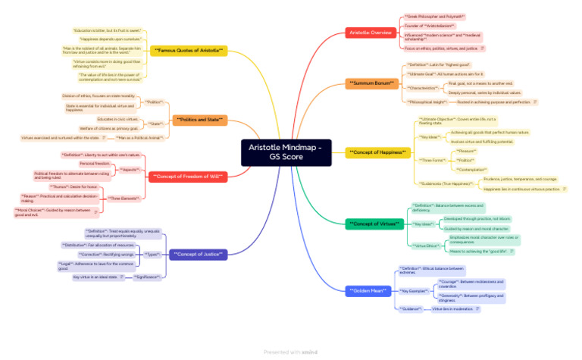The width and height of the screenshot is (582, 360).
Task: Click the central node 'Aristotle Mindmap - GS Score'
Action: pyautogui.click(x=286, y=152)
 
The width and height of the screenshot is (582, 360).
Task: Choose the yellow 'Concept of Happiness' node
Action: pyautogui.click(x=377, y=152)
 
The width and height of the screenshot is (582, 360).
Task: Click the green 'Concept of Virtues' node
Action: pyautogui.click(x=374, y=224)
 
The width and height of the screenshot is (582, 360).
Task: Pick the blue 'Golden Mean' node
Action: pyautogui.click(x=369, y=290)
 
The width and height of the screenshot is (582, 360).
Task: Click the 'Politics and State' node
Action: pyautogui.click(x=199, y=120)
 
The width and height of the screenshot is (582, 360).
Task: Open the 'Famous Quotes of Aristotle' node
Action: pyautogui.click(x=189, y=50)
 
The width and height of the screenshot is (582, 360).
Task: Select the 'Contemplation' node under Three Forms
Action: pyautogui.click(x=473, y=170)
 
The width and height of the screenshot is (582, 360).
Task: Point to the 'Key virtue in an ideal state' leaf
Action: pyautogui.click(x=95, y=277)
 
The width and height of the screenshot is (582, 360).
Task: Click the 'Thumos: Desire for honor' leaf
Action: pyautogui.click(x=74, y=186)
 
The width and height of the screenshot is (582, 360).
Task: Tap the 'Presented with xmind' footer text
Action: pyautogui.click(x=291, y=352)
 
